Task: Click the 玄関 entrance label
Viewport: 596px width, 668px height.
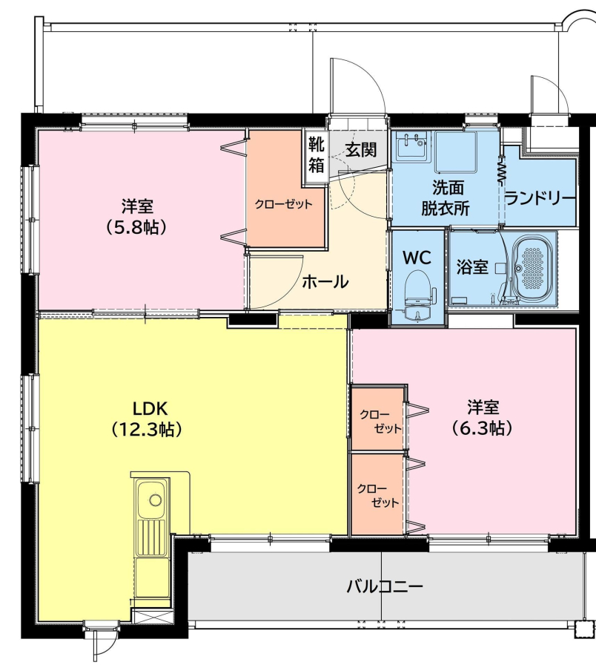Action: click(361, 149)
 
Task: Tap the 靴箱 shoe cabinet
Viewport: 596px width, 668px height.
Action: click(316, 156)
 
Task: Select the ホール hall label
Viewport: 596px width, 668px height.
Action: click(325, 281)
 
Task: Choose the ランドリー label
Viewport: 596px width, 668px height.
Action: click(540, 198)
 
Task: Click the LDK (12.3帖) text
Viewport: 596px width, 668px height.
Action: click(148, 419)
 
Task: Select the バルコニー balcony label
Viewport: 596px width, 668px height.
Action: click(385, 587)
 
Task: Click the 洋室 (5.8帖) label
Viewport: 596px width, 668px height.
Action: click(136, 217)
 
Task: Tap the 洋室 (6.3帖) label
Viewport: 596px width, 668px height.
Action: click(482, 417)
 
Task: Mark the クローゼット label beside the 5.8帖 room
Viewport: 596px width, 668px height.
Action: click(283, 204)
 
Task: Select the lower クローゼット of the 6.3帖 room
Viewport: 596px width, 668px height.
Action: click(376, 494)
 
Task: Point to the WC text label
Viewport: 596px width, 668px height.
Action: click(417, 257)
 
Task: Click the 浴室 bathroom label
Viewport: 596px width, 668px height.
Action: click(472, 266)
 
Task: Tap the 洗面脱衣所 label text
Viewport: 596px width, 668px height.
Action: click(446, 198)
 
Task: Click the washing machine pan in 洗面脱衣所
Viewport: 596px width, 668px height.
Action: click(456, 151)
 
